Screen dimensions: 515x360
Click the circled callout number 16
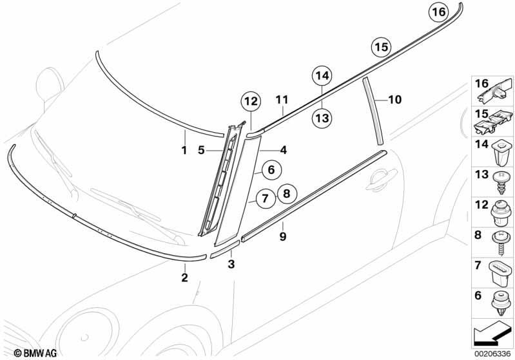point(439,12)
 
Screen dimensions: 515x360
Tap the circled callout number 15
point(382,47)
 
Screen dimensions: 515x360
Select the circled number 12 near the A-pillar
point(251,101)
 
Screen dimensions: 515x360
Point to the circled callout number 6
point(271,169)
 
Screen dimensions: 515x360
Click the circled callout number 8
point(287,194)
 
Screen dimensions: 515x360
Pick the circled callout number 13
point(322,118)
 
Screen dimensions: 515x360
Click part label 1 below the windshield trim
point(184,151)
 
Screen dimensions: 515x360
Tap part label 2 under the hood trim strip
point(185,278)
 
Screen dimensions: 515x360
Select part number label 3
point(231,264)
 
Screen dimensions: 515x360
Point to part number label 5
point(201,150)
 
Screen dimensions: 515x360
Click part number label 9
point(283,236)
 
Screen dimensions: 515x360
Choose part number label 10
point(395,99)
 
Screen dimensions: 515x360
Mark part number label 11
point(282,100)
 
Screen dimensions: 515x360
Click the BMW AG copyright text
point(35,353)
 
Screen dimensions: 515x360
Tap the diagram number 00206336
point(492,354)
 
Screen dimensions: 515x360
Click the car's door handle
point(381,179)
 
